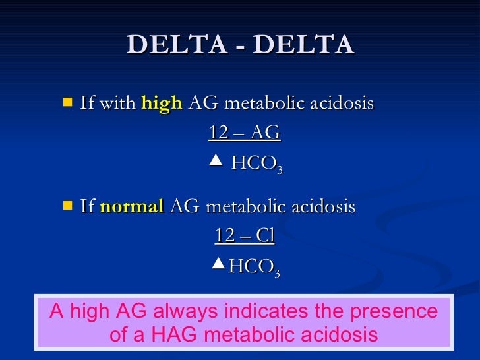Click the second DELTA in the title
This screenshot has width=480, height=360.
click(303, 45)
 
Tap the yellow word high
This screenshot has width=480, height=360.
click(162, 104)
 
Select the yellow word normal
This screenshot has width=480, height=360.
click(132, 207)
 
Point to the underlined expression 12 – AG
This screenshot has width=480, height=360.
click(245, 133)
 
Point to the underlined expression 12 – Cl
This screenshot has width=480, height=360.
click(245, 236)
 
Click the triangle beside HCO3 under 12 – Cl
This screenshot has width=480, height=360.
click(219, 264)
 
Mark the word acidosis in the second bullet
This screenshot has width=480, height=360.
click(326, 207)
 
